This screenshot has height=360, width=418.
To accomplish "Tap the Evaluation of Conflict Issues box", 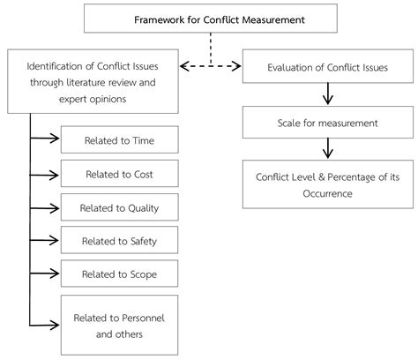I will [x=327, y=66].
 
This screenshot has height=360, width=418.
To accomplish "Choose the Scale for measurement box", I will [x=327, y=122].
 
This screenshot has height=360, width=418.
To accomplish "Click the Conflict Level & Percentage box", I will [x=327, y=184].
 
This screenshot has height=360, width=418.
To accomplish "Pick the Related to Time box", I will [x=119, y=139].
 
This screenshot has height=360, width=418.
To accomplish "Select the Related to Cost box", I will [x=119, y=174].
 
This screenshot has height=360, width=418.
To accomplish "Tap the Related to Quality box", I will [x=119, y=207].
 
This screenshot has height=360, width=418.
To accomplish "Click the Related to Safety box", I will [x=119, y=240].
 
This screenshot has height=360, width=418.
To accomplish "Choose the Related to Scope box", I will [x=119, y=274].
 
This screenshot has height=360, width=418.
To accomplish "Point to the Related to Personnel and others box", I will [x=119, y=324].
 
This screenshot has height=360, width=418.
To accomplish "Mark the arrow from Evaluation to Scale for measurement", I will [x=327, y=94].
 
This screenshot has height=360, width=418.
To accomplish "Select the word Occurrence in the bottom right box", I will [x=327, y=191].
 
